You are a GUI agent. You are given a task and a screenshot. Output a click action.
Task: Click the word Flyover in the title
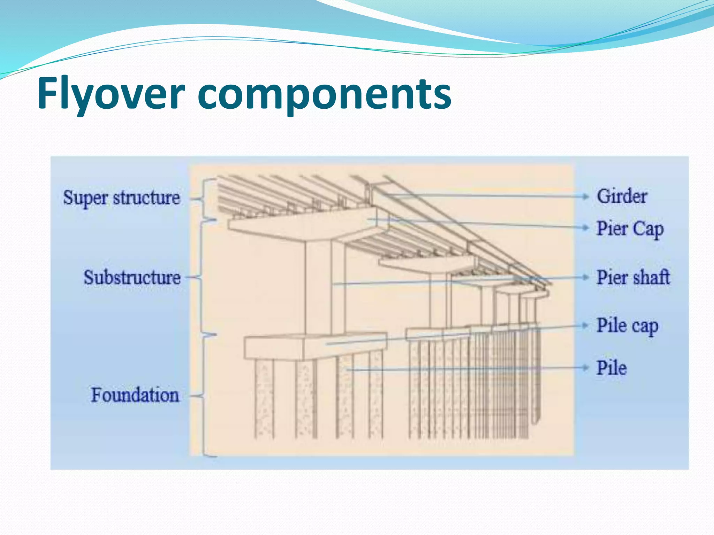[111, 93]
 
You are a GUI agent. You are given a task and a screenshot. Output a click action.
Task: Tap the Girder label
[622, 196]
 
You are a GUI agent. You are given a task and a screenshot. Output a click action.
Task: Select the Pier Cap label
[630, 229]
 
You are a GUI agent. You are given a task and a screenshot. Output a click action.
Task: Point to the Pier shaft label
[633, 278]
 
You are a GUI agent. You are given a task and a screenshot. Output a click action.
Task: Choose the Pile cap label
[627, 326]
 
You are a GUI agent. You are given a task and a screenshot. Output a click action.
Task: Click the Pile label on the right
[612, 368]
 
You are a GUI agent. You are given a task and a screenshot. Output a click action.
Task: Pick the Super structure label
[122, 198]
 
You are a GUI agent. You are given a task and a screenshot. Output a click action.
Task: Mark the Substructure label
[132, 278]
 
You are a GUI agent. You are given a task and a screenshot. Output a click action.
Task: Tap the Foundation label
[135, 395]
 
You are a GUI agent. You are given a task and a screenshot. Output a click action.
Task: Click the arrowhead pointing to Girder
[585, 196]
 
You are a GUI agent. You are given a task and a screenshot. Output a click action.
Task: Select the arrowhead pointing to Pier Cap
[585, 228]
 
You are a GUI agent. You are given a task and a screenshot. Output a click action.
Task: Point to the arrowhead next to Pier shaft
[585, 277]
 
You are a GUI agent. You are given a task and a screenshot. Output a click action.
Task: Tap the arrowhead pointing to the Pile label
[585, 368]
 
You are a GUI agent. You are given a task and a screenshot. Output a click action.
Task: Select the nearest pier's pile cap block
[314, 347]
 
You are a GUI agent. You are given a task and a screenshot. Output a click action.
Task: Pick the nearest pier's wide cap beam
[307, 225]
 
